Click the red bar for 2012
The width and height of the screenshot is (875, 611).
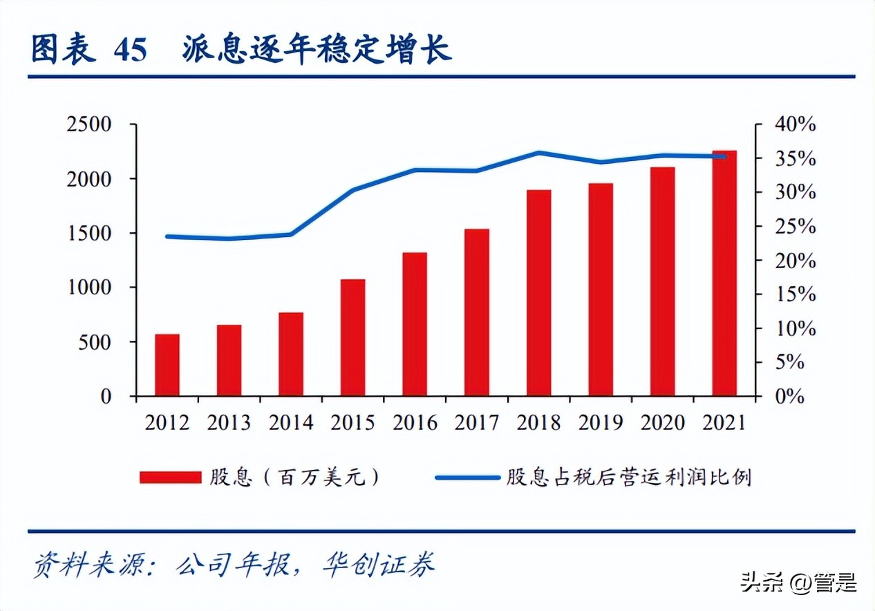click(167, 365)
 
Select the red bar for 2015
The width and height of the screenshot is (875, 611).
click(352, 337)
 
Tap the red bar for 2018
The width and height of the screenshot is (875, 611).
click(538, 292)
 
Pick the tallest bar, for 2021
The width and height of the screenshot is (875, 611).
click(724, 273)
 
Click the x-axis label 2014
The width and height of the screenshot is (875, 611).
click(291, 422)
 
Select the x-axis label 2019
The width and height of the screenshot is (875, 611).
click(601, 422)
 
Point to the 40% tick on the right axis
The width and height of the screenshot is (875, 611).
click(795, 125)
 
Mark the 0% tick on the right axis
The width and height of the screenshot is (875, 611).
click(790, 397)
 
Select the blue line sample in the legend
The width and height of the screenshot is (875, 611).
click(467, 478)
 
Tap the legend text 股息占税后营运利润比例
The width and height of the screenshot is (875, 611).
click(628, 478)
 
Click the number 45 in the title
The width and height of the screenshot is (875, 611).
click(131, 51)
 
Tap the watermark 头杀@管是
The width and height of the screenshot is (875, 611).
click(798, 582)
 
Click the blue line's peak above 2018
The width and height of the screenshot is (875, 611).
click(538, 153)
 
